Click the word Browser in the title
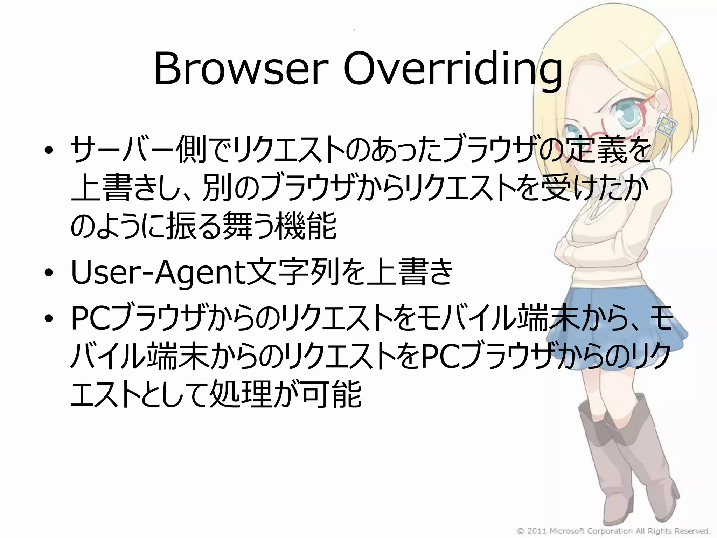(x=241, y=69)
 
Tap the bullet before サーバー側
(x=49, y=151)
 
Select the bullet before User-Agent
(x=49, y=273)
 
